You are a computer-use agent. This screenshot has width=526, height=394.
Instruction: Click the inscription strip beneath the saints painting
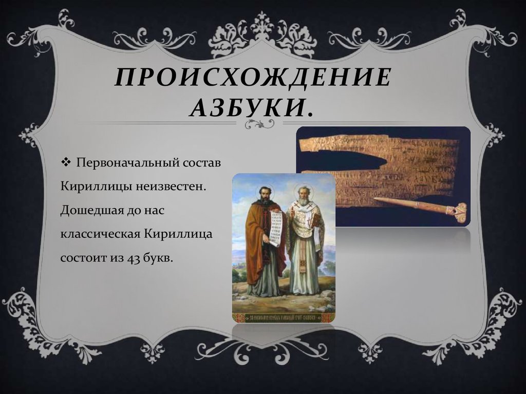284,316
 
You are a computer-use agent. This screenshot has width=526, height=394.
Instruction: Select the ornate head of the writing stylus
458,211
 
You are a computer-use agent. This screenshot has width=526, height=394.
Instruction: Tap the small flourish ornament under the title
260,123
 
